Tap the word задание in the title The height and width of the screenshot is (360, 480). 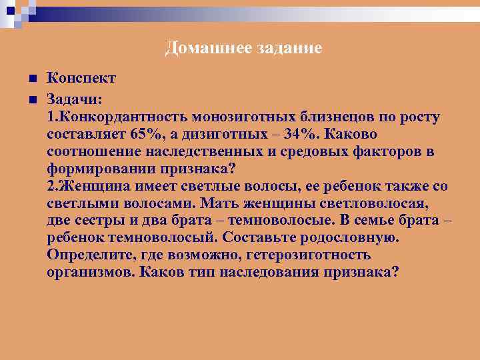point(283,48)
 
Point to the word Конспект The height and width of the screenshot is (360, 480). point(81,79)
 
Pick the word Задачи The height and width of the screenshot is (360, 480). point(74,99)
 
